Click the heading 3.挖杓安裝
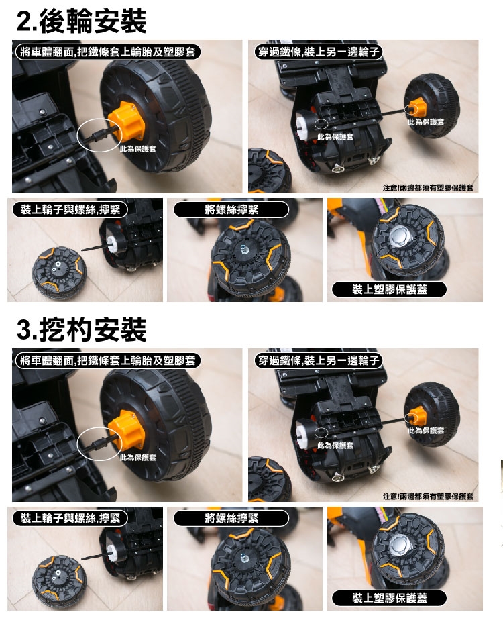pos(82,329)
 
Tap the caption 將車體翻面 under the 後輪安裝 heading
pos(47,52)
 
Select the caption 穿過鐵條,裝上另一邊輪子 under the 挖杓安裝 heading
pos(319,360)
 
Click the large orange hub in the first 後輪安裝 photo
pos(126,121)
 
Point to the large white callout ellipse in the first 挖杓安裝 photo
pos(99,444)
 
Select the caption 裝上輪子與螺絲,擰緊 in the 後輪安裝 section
pos(70,209)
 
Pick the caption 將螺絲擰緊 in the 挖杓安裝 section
pos(231,518)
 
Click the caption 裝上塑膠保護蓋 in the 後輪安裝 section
pos(390,290)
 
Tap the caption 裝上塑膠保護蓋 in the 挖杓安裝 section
pos(390,599)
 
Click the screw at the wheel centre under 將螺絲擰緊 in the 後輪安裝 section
pos(243,249)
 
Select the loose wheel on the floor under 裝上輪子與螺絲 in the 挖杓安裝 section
pos(59,579)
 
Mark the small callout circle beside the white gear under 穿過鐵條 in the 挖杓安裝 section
pos(321,432)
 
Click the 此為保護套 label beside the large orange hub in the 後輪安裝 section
pos(138,149)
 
